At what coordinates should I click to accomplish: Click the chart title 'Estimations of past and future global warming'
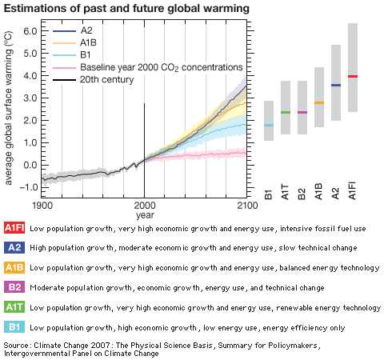pyautogui.click(x=127, y=8)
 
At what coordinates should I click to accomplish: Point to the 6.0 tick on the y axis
pyautogui.click(x=30, y=31)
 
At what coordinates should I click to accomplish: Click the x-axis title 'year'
pyautogui.click(x=145, y=214)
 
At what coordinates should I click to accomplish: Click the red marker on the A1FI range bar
pyautogui.click(x=353, y=76)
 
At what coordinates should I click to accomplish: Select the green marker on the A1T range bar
pyautogui.click(x=286, y=112)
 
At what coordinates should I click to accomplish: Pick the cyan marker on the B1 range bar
pyautogui.click(x=269, y=126)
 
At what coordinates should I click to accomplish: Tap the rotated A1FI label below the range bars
pyautogui.click(x=353, y=194)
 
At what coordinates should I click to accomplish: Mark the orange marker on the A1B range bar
pyautogui.click(x=319, y=102)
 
